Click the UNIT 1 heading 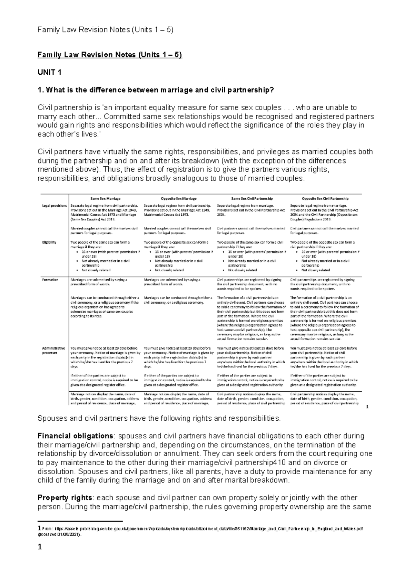click(x=49, y=73)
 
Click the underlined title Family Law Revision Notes click(x=109, y=55)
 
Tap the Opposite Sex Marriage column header click(x=179, y=199)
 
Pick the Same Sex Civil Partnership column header click(x=252, y=199)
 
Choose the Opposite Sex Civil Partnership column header click(x=325, y=199)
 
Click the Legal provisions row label click(x=55, y=206)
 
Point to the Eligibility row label click(x=49, y=242)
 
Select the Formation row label click(x=50, y=280)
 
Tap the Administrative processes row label click(x=53, y=351)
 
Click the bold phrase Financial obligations click(x=75, y=436)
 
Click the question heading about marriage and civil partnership click(x=156, y=90)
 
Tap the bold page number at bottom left click(x=40, y=547)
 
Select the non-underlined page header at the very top click(x=105, y=30)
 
